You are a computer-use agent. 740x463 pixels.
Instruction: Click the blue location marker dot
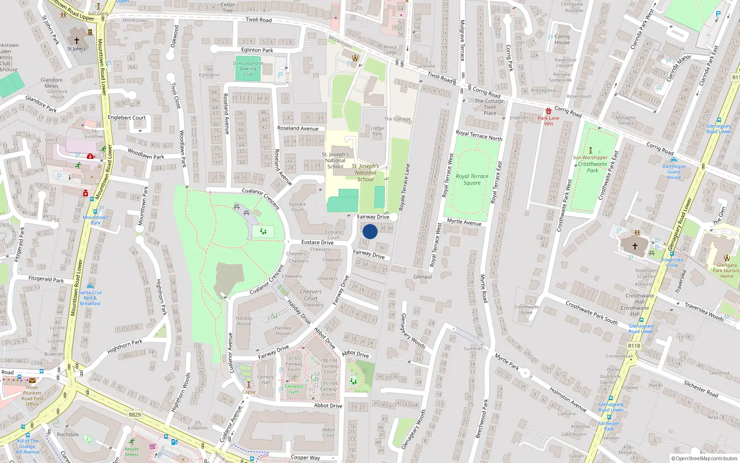(370, 231)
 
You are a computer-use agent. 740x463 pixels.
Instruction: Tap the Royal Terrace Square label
(472, 180)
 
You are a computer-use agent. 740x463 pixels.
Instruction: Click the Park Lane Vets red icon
(548, 112)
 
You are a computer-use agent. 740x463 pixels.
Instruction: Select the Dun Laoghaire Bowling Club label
(248, 69)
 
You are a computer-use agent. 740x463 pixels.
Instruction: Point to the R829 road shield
(135, 414)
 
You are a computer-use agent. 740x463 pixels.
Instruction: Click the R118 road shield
(634, 346)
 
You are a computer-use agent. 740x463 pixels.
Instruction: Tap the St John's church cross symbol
(77, 41)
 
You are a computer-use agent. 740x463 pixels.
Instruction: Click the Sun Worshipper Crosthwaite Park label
(591, 164)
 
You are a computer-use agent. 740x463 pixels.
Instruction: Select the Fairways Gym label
(294, 389)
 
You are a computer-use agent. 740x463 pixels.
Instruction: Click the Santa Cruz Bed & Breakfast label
(90, 298)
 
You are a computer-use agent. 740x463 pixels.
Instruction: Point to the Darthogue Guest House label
(674, 172)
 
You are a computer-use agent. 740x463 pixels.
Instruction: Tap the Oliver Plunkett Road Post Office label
(32, 396)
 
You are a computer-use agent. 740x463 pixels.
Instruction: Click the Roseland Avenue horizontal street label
(298, 128)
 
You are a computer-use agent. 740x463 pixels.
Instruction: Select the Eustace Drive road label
(317, 242)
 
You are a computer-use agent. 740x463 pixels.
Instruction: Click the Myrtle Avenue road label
(464, 222)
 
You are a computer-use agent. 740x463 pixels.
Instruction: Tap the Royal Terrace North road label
(479, 135)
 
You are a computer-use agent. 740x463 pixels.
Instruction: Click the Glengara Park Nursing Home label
(726, 271)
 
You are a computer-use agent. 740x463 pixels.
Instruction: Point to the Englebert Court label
(127, 118)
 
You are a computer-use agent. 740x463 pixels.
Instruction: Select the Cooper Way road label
(305, 457)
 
